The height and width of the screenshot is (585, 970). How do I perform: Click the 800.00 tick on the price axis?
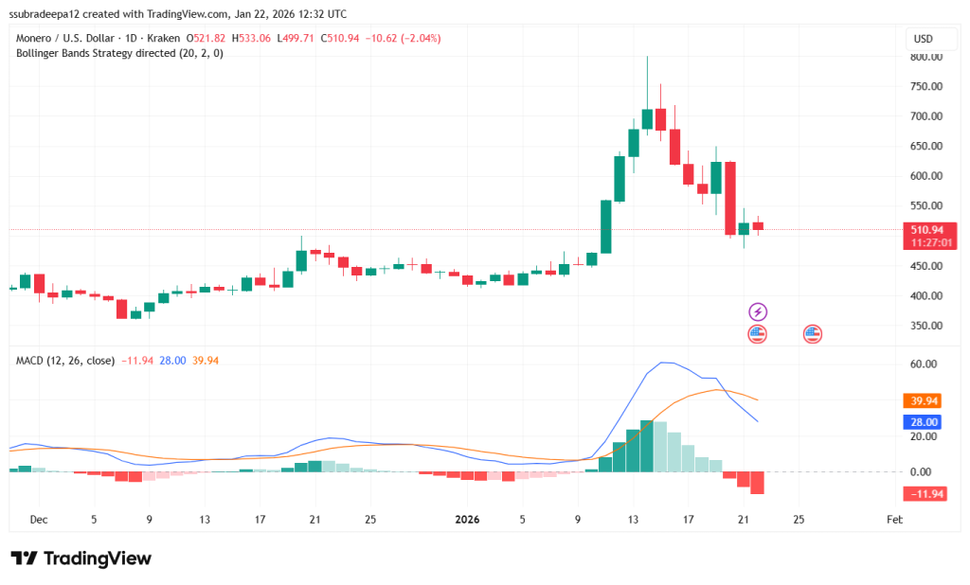(926, 57)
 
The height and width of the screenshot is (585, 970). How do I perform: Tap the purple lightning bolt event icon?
(758, 311)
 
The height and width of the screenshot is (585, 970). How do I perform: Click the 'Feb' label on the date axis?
(893, 520)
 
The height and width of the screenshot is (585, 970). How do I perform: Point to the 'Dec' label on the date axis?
(39, 520)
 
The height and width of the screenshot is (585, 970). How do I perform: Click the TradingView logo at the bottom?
(81, 558)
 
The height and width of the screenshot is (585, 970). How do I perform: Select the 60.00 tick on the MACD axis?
(924, 363)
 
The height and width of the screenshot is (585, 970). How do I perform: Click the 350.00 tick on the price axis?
(926, 326)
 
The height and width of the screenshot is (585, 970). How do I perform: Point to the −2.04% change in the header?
(421, 38)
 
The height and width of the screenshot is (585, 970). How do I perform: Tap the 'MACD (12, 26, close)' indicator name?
(65, 361)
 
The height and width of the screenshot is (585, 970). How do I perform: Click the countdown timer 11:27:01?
(929, 242)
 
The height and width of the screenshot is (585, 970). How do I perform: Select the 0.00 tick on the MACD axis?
(924, 471)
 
